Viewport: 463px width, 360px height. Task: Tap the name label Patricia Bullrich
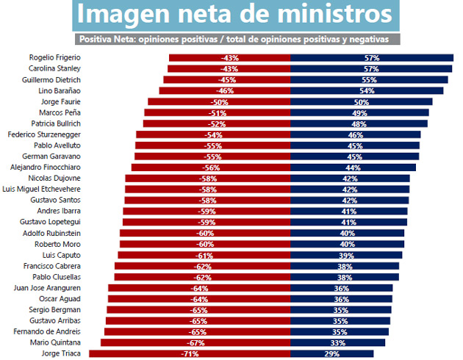[56, 123]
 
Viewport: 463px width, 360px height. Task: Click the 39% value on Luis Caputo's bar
[345, 255]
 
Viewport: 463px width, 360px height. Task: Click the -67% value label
[195, 342]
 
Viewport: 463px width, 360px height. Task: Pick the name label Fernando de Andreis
[49, 331]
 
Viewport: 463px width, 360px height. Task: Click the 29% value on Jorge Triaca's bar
[331, 353]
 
